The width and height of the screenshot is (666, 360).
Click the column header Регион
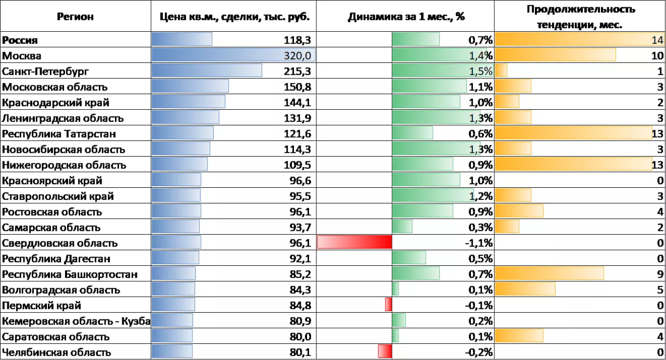click(75, 16)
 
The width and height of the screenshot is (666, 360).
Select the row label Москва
click(22, 56)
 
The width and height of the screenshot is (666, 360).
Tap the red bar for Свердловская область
click(354, 242)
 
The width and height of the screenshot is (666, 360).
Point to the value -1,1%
click(478, 243)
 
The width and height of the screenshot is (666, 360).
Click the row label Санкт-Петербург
click(42, 71)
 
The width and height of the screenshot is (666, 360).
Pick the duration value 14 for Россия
click(657, 40)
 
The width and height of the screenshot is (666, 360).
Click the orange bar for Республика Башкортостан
click(549, 273)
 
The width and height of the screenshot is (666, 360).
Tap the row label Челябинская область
click(56, 352)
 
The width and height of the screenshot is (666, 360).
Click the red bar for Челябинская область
click(385, 351)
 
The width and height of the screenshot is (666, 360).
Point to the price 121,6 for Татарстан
click(298, 134)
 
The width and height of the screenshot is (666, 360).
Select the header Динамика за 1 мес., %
click(406, 16)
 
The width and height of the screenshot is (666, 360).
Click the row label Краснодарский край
click(56, 102)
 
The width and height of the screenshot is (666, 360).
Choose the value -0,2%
click(478, 352)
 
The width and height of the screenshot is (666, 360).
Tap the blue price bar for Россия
click(182, 40)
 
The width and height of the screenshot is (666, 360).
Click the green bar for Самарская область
click(402, 226)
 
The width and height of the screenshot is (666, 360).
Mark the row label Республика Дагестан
click(56, 259)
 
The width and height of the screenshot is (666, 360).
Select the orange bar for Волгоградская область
click(525, 289)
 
